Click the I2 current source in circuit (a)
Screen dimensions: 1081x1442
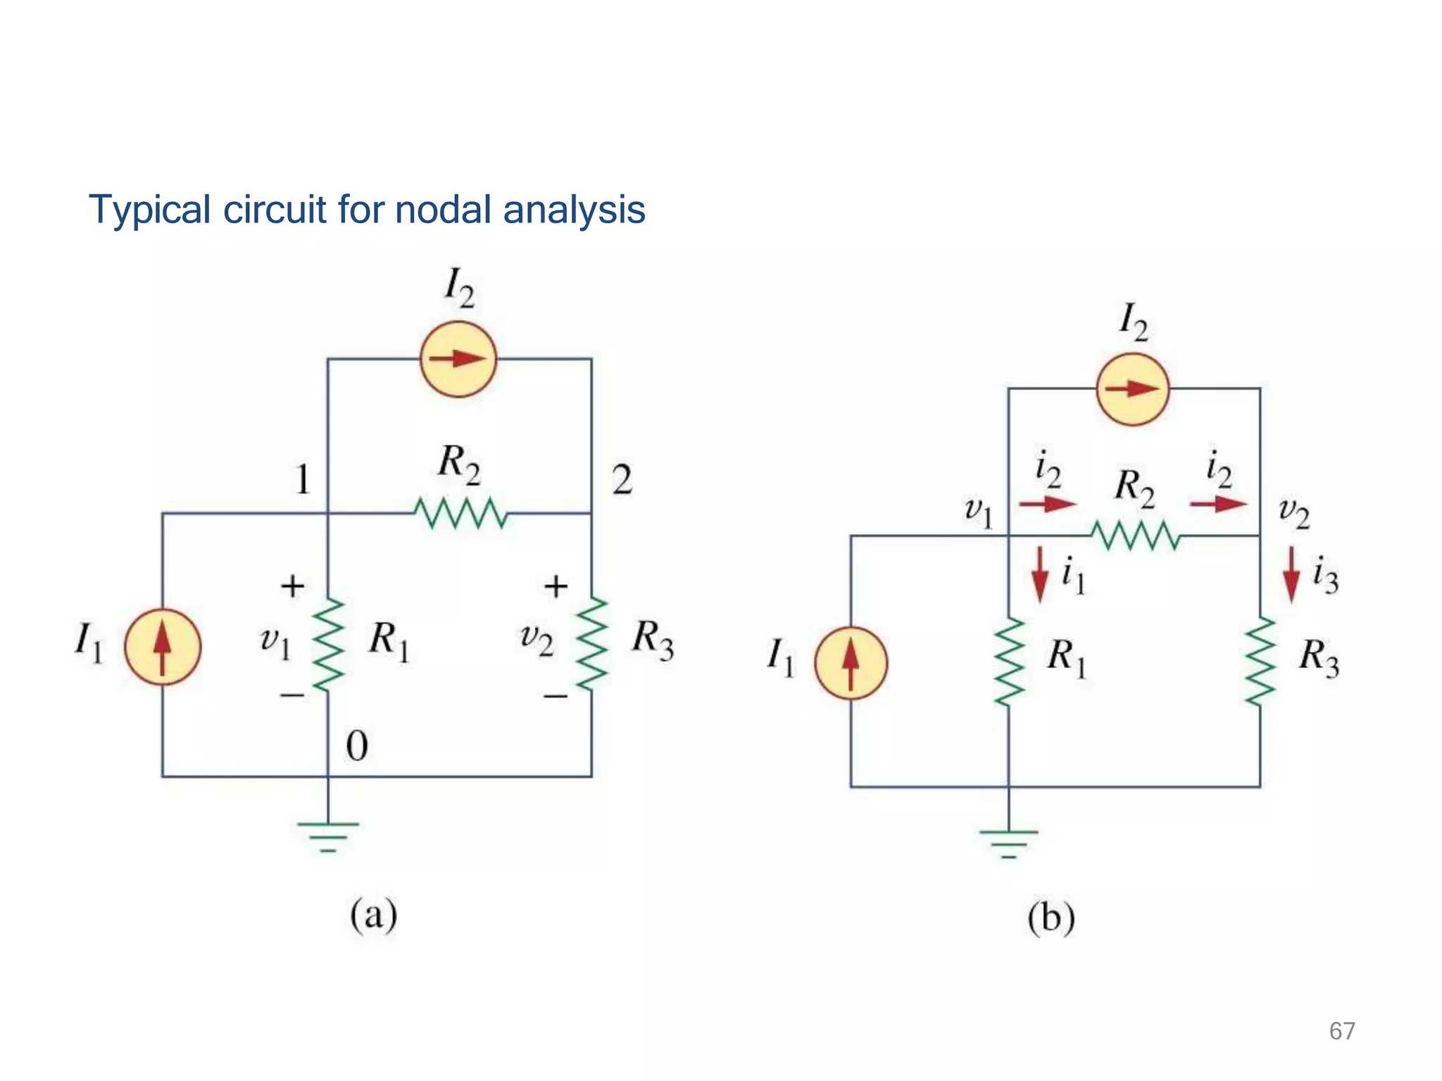point(458,359)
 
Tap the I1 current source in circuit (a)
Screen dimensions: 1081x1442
point(163,647)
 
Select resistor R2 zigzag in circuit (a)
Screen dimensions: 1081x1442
point(460,513)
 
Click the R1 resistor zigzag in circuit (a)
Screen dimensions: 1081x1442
point(327,645)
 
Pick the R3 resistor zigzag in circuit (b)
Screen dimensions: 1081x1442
point(1260,661)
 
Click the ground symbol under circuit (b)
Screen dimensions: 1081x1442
point(1008,844)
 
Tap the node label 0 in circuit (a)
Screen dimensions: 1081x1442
point(357,746)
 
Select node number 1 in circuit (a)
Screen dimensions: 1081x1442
point(303,481)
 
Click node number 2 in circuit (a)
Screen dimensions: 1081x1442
point(622,481)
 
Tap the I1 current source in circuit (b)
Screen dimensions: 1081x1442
point(851,663)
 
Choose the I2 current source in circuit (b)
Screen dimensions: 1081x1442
point(1132,389)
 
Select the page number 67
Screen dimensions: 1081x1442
point(1341,1031)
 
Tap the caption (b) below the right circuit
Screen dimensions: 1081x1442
point(1051,918)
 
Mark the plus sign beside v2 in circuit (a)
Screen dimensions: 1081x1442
point(556,586)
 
